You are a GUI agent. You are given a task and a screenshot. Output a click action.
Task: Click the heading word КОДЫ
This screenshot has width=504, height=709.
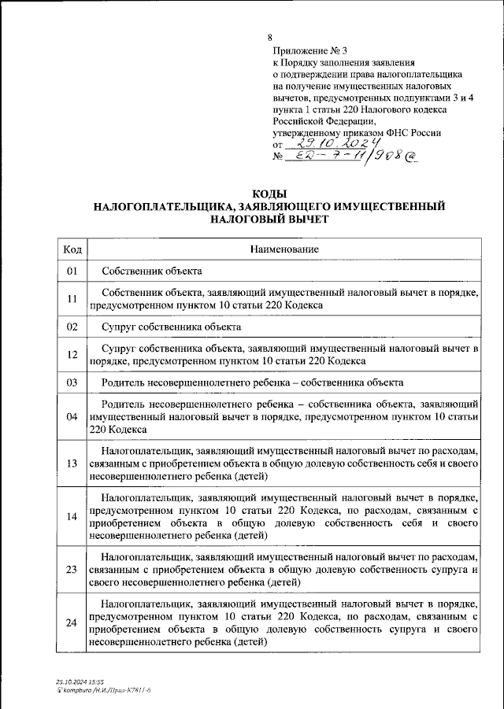269,194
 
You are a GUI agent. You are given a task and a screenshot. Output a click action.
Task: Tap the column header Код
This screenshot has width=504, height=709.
72,249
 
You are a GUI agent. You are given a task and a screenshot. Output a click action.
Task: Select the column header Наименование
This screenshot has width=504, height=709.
284,249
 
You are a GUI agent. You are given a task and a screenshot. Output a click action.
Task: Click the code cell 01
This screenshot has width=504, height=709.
72,271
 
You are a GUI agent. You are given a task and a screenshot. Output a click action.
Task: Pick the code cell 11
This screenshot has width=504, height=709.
72,298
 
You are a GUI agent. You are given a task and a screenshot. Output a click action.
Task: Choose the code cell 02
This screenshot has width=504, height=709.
72,326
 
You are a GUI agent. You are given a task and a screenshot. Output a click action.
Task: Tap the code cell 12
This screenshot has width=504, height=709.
72,354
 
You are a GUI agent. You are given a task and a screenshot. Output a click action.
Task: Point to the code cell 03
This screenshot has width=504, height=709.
72,382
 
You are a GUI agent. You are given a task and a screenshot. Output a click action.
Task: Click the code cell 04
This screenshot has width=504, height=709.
72,416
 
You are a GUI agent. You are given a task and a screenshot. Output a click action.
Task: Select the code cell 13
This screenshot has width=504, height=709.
72,463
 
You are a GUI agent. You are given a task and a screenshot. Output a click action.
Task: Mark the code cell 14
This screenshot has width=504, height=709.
72,516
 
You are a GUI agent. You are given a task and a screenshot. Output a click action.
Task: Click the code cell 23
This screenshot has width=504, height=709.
72,569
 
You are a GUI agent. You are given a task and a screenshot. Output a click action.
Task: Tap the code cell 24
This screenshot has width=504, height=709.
72,622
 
